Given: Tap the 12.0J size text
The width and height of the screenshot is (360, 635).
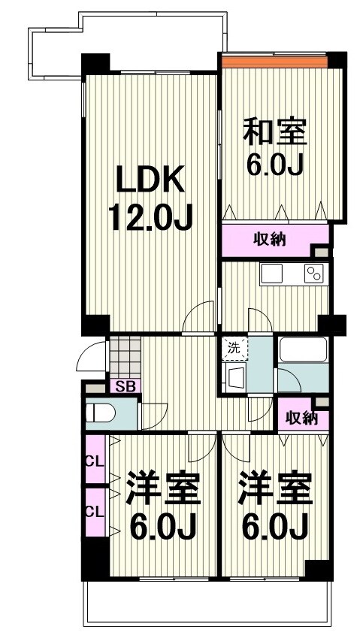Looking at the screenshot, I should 150,218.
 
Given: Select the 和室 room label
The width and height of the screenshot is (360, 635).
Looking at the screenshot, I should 274,133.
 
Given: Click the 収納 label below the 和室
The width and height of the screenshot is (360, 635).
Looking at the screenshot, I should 268,241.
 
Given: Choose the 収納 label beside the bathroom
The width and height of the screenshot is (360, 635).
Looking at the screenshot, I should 300,417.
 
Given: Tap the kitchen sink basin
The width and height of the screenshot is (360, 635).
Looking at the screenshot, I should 271,273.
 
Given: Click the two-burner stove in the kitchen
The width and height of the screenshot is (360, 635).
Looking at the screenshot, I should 313,274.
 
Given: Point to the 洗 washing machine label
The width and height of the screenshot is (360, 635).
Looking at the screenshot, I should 233,348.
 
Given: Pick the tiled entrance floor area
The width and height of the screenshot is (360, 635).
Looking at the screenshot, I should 124,356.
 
